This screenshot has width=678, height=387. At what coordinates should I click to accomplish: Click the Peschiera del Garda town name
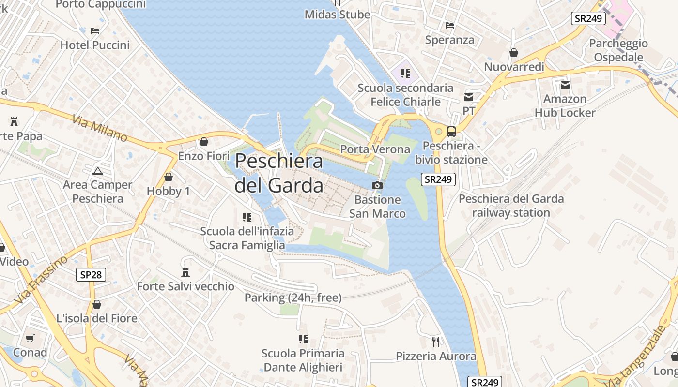tap(279, 173)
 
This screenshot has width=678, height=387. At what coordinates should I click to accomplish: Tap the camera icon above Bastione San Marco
tap(377, 185)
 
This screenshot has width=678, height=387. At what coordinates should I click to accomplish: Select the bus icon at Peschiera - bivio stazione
tap(451, 131)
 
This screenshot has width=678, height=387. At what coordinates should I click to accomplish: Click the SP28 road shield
tap(91, 275)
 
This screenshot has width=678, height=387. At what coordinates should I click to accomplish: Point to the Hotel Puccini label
tap(95, 45)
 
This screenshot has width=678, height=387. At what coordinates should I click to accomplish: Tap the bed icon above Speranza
tap(450, 26)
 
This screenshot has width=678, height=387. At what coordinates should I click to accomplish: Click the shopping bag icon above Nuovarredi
tap(514, 53)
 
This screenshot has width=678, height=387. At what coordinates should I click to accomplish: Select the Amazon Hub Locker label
tap(565, 106)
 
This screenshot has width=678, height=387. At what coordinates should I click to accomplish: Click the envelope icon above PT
tap(468, 97)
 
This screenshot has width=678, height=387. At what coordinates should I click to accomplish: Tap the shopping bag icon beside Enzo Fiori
tap(204, 142)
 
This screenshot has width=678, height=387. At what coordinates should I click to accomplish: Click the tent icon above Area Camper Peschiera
tap(98, 171)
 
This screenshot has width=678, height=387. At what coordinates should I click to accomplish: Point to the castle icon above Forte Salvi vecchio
tap(185, 272)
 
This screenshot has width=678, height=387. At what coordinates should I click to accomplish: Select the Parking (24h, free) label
tap(293, 298)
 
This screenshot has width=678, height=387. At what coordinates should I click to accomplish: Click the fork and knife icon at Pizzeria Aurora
tap(436, 342)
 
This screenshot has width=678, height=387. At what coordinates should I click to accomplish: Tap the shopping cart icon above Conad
tap(30, 338)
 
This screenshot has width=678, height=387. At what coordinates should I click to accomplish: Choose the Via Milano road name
tap(100, 128)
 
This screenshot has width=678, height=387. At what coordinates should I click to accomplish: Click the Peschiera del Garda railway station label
tap(511, 206)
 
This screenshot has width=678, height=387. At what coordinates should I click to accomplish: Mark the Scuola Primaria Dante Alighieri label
tap(303, 360)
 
